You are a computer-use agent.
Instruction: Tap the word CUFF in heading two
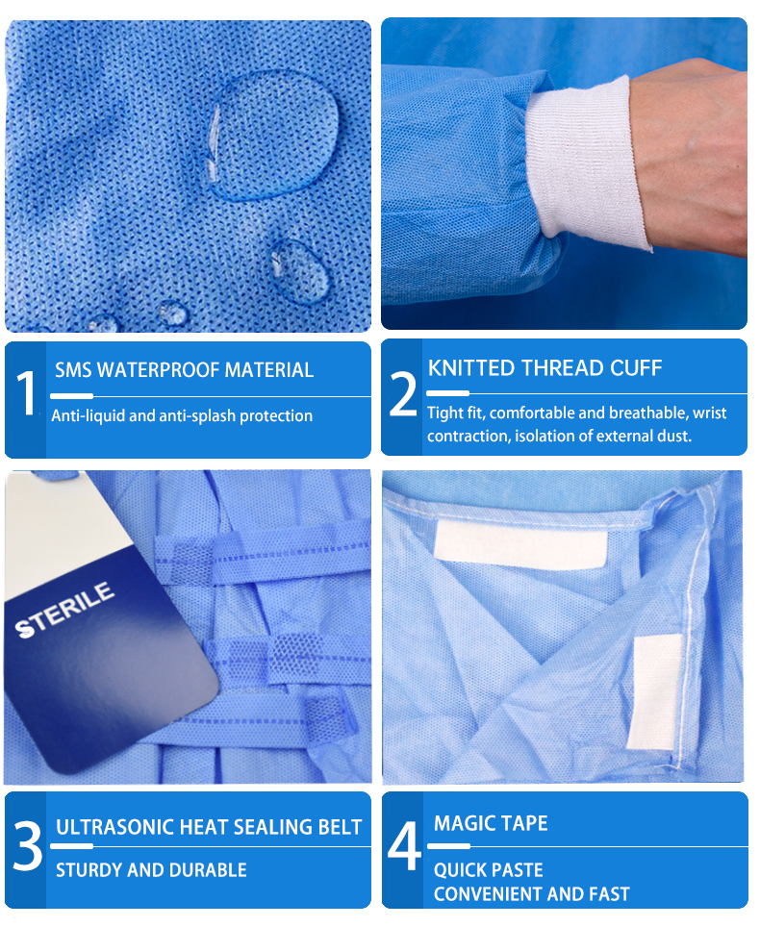tap(637, 367)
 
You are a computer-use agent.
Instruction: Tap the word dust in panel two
tap(674, 437)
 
